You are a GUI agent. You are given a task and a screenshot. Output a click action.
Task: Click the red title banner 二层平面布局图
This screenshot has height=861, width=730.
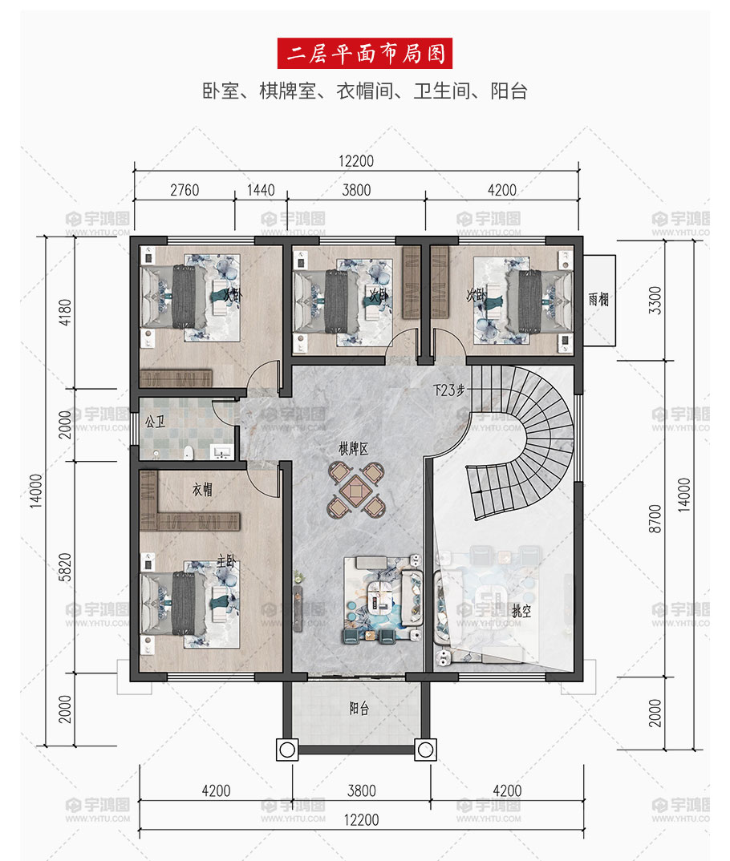tap(365, 53)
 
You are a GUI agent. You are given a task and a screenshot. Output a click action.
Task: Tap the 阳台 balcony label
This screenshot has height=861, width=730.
tap(359, 709)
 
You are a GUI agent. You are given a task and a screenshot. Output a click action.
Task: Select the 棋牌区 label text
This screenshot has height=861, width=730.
tap(353, 449)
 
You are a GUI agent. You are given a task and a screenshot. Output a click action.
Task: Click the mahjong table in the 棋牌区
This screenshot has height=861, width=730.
tap(356, 490)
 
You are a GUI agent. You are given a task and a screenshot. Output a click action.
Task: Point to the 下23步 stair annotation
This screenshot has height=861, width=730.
tap(448, 390)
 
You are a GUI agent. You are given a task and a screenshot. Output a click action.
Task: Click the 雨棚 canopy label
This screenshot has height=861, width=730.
tap(598, 299)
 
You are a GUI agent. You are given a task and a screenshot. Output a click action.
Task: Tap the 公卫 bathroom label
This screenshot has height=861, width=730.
tap(155, 422)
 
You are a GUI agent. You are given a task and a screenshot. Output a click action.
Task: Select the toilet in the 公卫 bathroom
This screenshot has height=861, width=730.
tap(189, 452)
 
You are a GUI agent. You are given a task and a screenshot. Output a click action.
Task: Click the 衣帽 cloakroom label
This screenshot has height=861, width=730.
tap(202, 489)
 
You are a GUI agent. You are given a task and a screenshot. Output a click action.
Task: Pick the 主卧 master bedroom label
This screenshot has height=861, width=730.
tap(225, 560)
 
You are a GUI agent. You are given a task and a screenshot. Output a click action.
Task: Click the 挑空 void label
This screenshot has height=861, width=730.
tap(521, 611)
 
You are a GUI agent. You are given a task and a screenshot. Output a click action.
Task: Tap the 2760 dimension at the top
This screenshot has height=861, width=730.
tap(185, 190)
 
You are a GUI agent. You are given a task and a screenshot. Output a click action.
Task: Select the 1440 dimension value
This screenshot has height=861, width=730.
tap(261, 190)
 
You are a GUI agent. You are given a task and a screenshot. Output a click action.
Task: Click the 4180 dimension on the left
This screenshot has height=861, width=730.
tap(65, 313)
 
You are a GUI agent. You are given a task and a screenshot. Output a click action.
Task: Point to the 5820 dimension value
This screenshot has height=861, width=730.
tap(65, 568)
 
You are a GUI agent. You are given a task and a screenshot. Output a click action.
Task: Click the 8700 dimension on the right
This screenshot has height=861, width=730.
tap(655, 519)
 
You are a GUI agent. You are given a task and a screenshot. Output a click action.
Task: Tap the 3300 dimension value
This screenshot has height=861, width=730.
tap(655, 301)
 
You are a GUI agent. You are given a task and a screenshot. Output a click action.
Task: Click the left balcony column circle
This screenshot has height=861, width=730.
tap(287, 750)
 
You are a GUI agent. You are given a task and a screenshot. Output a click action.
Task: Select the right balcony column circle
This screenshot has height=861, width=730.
tap(426, 750)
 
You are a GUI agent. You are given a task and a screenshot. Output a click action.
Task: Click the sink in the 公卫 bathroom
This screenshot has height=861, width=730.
tap(222, 452)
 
